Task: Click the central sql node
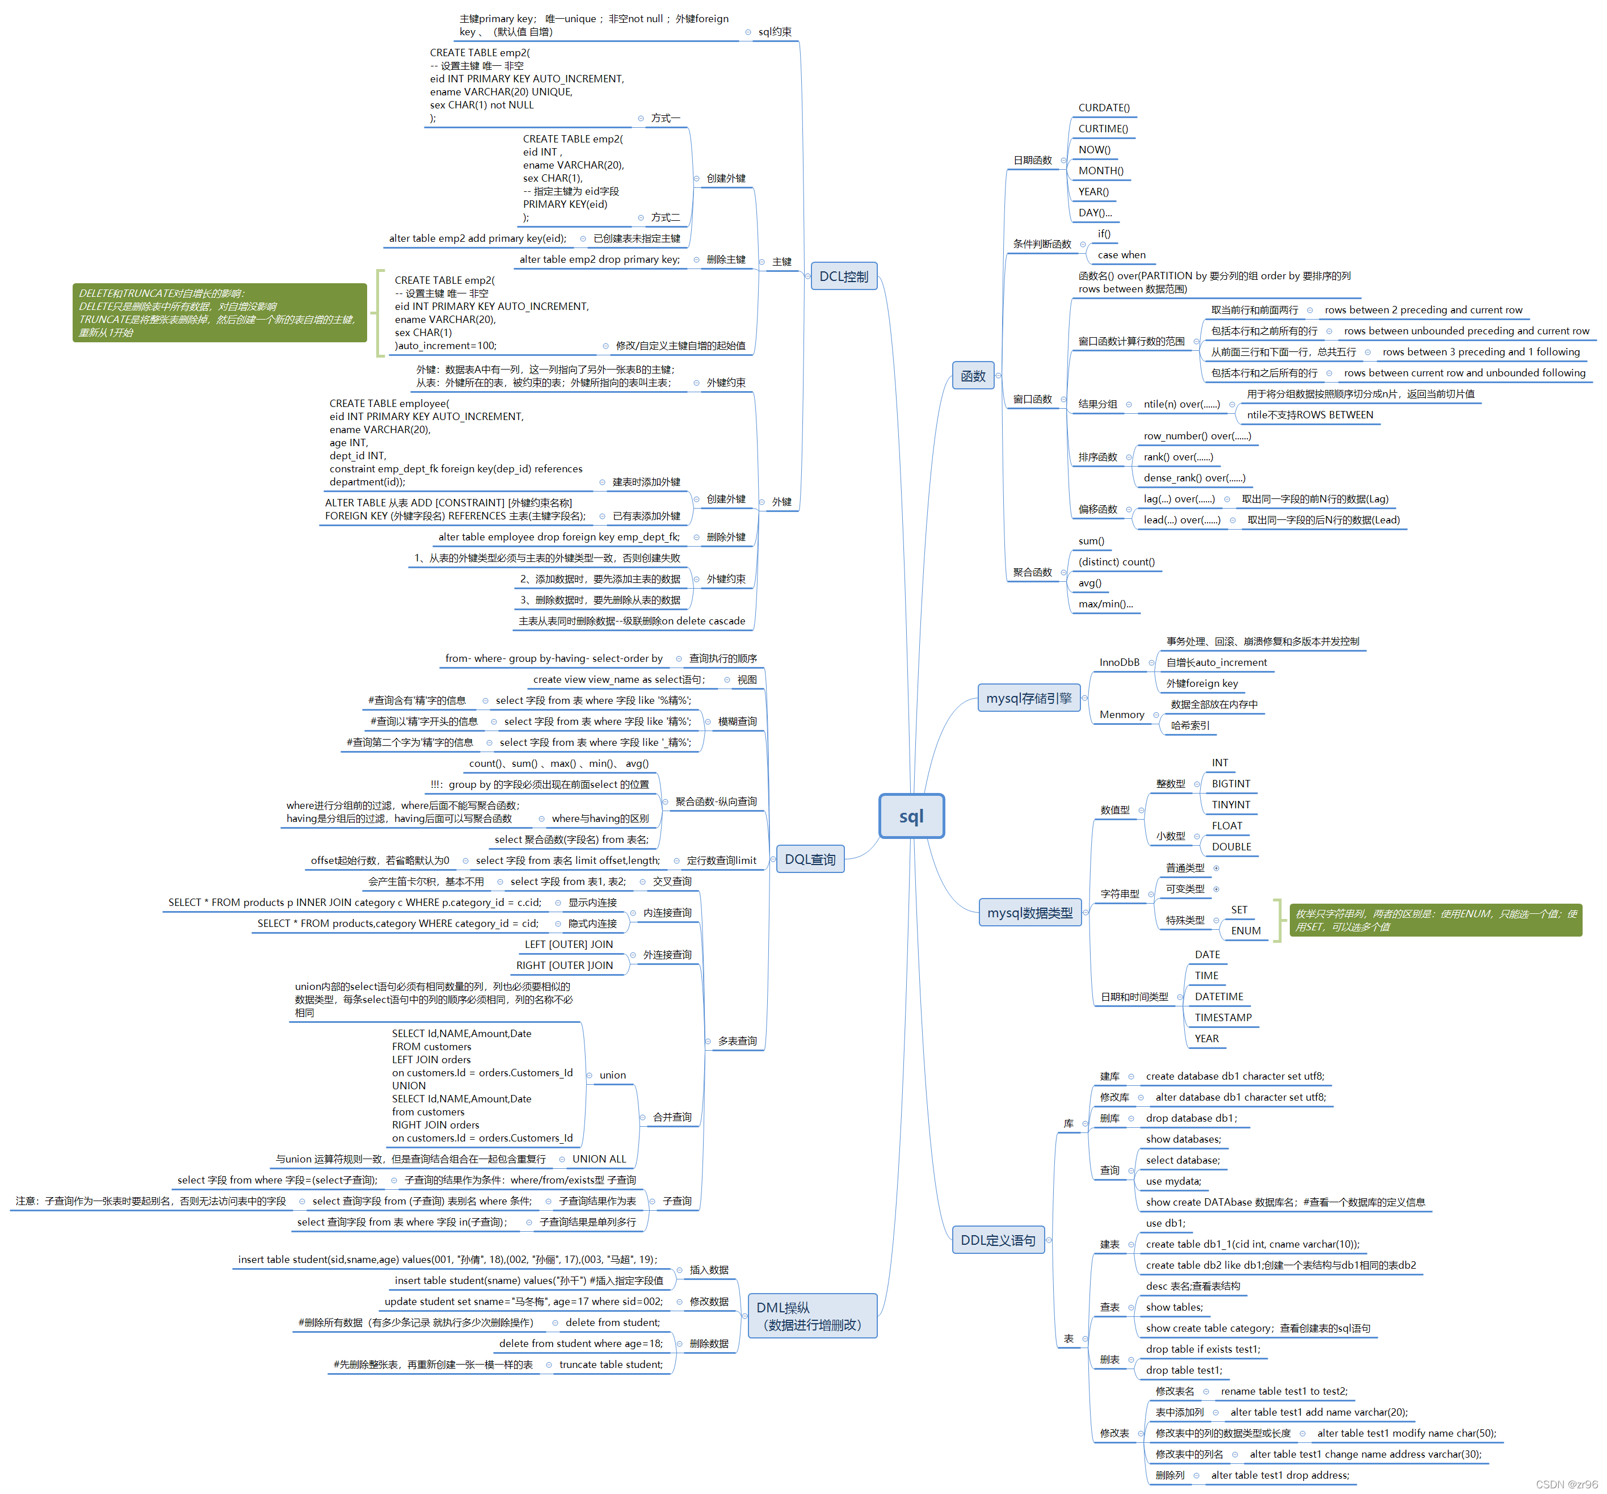(x=911, y=816)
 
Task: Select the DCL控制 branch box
(x=843, y=276)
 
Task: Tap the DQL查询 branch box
(x=810, y=859)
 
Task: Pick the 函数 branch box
(x=973, y=376)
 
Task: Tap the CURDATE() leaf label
(x=1104, y=107)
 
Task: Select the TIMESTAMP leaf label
(x=1222, y=1018)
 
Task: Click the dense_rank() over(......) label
(x=1194, y=478)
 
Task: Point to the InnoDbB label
(x=1119, y=662)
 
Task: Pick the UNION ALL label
(x=599, y=1159)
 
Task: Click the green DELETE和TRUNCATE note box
(x=219, y=313)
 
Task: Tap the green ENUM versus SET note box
(x=1435, y=920)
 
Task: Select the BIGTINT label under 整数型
(x=1230, y=783)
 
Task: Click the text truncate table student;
(x=611, y=1365)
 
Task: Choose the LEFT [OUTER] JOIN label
(x=568, y=945)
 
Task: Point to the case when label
(x=1121, y=255)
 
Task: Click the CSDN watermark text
(x=1566, y=1484)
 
